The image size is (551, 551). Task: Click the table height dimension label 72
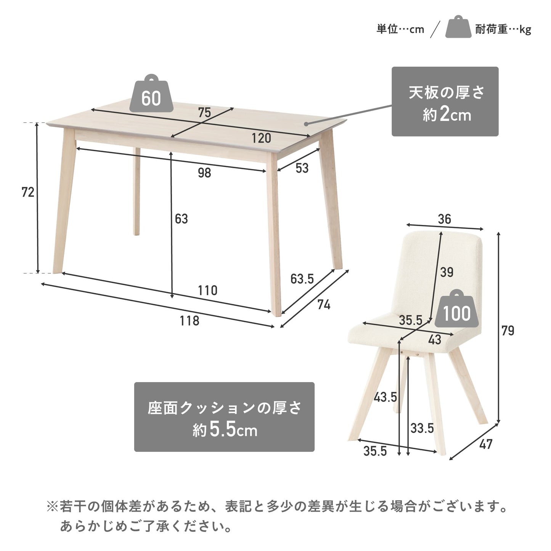pos(28,192)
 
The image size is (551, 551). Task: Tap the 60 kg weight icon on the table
pos(151,93)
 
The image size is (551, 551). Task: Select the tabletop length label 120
pos(261,138)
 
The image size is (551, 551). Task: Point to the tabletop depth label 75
pos(204,112)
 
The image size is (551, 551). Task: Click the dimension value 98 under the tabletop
pos(204,173)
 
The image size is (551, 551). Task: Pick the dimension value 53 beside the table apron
pos(302,168)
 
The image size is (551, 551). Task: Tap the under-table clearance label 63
pos(181,219)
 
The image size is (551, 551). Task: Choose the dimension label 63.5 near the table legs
pos(302,279)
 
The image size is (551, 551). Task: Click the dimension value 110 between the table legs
pos(208,291)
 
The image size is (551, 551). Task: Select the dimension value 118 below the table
pos(189,321)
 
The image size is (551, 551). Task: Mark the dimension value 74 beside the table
pos(324,305)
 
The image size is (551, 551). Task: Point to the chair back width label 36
pos(444,219)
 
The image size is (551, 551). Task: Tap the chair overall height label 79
pos(508,331)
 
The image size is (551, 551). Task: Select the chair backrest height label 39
pos(447,272)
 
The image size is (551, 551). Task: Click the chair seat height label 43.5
pos(386,397)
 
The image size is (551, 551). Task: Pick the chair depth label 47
pos(486,444)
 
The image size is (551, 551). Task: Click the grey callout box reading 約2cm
pos(445,101)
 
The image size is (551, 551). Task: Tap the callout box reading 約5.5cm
pos(224,417)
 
